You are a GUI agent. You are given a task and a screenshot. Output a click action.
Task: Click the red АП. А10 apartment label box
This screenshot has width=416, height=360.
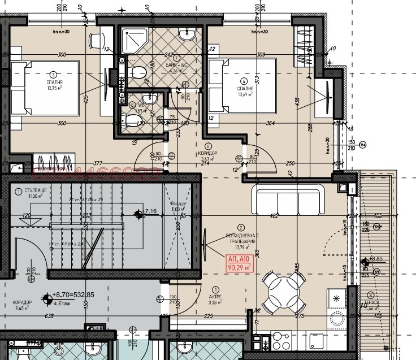(x=240, y=263)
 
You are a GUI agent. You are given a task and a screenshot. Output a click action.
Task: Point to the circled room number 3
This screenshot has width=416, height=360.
(x=53, y=74)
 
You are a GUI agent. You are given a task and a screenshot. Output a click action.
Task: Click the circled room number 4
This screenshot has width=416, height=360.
(x=244, y=81)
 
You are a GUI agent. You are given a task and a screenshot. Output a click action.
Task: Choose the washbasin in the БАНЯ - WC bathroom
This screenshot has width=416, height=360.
(x=187, y=34)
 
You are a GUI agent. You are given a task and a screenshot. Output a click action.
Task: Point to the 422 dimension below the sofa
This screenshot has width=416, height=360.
(x=274, y=216)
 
